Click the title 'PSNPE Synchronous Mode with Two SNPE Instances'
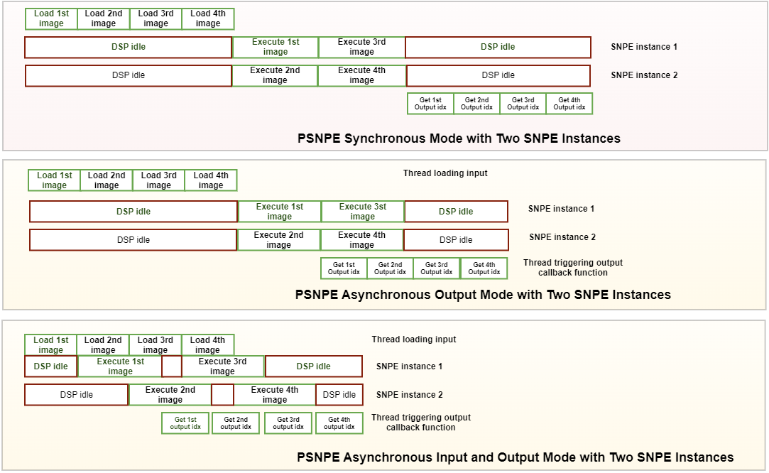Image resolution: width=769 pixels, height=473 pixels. pyautogui.click(x=459, y=138)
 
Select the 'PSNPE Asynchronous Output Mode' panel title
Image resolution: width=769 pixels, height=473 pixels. pyautogui.click(x=483, y=295)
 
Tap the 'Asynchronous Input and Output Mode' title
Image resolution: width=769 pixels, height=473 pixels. pyautogui.click(x=515, y=457)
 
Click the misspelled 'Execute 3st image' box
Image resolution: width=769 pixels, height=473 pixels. pyautogui.click(x=362, y=212)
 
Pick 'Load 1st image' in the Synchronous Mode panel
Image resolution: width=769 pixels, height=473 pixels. pyautogui.click(x=51, y=18)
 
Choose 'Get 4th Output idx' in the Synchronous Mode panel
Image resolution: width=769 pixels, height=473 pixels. pyautogui.click(x=569, y=104)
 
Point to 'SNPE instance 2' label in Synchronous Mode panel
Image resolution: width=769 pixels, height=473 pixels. pyautogui.click(x=644, y=75)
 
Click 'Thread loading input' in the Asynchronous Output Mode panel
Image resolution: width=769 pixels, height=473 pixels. pyautogui.click(x=445, y=173)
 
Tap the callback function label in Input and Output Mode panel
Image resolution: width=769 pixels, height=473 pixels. pyautogui.click(x=420, y=423)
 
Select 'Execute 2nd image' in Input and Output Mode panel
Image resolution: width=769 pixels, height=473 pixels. pyautogui.click(x=170, y=395)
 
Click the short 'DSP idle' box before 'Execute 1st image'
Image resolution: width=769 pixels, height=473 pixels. pyautogui.click(x=50, y=366)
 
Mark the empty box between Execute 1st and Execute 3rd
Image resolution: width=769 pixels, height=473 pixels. pyautogui.click(x=172, y=366)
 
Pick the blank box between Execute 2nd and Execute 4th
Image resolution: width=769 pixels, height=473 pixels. pyautogui.click(x=222, y=395)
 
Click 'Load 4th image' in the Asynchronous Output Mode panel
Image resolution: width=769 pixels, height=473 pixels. pyautogui.click(x=211, y=180)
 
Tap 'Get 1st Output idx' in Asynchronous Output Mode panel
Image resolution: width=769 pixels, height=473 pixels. pyautogui.click(x=344, y=268)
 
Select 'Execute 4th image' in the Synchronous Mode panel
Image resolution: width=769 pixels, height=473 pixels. pyautogui.click(x=361, y=75)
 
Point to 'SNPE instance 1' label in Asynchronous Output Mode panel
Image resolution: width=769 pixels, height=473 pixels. pyautogui.click(x=561, y=209)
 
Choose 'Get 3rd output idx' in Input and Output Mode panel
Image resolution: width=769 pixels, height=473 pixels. pyautogui.click(x=288, y=423)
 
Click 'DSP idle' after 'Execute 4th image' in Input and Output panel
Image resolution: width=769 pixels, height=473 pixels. pyautogui.click(x=339, y=395)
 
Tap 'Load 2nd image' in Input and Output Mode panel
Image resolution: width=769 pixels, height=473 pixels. pyautogui.click(x=103, y=345)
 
